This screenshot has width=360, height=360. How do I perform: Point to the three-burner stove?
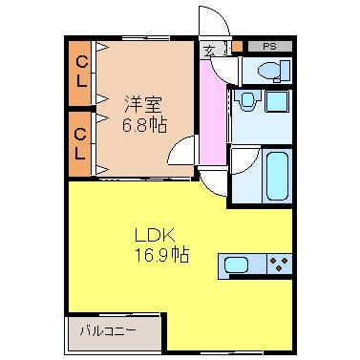tap(280, 264)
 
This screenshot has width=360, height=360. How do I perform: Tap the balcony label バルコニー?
tap(107, 331)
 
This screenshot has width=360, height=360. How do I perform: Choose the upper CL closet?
tap(82, 73)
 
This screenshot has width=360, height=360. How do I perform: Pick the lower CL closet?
tap(82, 142)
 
